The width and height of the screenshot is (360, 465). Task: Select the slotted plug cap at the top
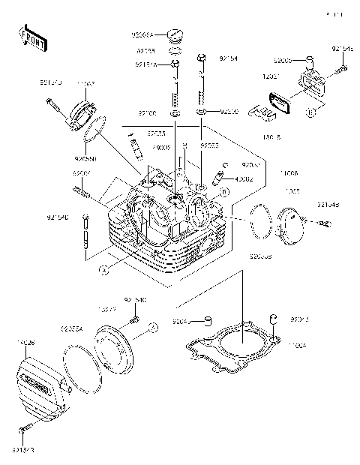point(175,34)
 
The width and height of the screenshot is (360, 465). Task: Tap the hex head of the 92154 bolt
point(201,57)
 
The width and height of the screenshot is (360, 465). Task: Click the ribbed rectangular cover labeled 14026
point(37,383)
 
